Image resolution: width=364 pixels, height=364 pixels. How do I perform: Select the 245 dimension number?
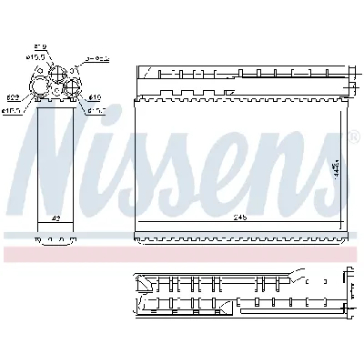click(239, 217)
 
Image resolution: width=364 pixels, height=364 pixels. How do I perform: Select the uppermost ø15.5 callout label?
click(37, 57)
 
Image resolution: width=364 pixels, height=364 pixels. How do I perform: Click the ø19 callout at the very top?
click(41, 45)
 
